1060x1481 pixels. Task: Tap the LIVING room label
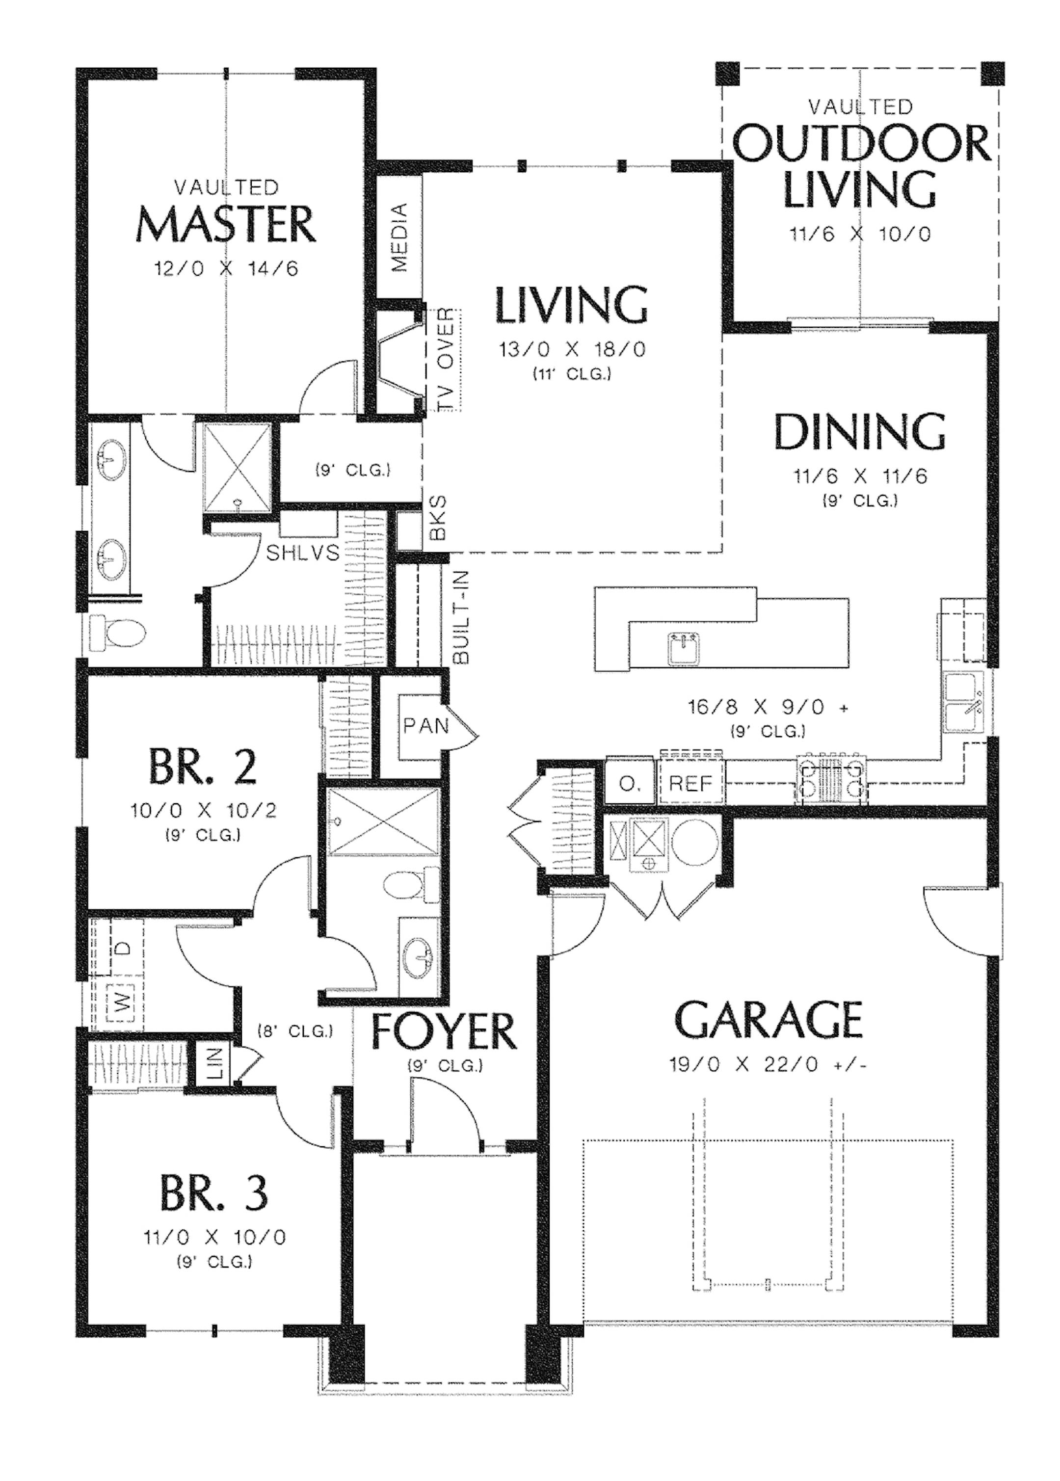pyautogui.click(x=572, y=305)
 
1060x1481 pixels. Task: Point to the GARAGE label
pyautogui.click(x=768, y=1020)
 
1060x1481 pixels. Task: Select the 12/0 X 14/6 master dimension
pyautogui.click(x=226, y=268)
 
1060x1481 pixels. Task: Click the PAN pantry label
pyautogui.click(x=425, y=725)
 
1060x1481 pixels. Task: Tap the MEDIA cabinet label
pyautogui.click(x=399, y=238)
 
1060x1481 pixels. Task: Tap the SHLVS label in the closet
pyautogui.click(x=303, y=553)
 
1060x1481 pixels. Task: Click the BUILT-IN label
pyautogui.click(x=461, y=617)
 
